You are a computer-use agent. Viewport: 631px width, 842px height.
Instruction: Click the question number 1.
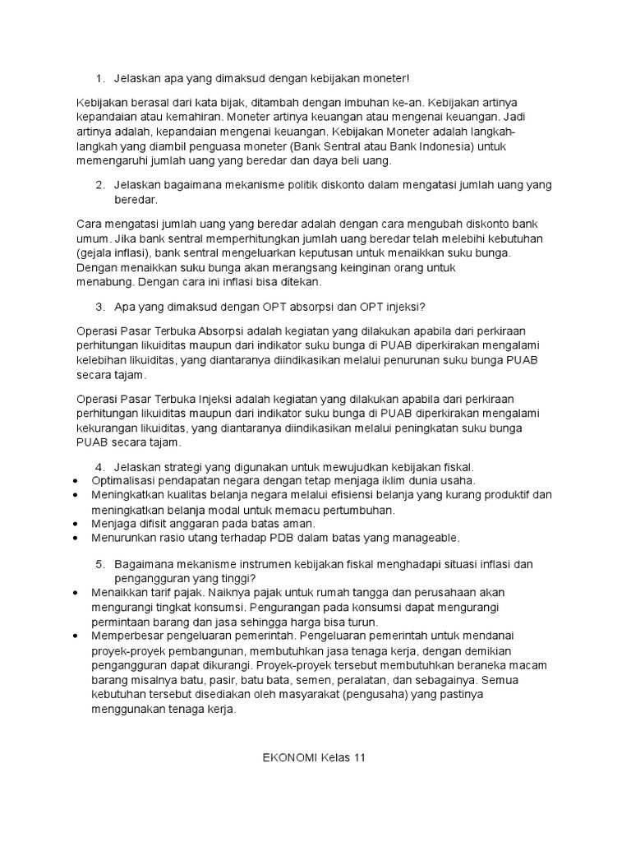click(x=98, y=78)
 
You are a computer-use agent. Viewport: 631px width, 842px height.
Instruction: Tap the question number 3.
click(x=98, y=307)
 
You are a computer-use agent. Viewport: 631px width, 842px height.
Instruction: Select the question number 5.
click(x=98, y=564)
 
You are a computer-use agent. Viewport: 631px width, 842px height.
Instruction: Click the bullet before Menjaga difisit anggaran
click(x=76, y=523)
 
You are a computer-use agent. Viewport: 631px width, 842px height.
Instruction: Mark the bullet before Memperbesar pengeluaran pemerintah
click(x=76, y=636)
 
